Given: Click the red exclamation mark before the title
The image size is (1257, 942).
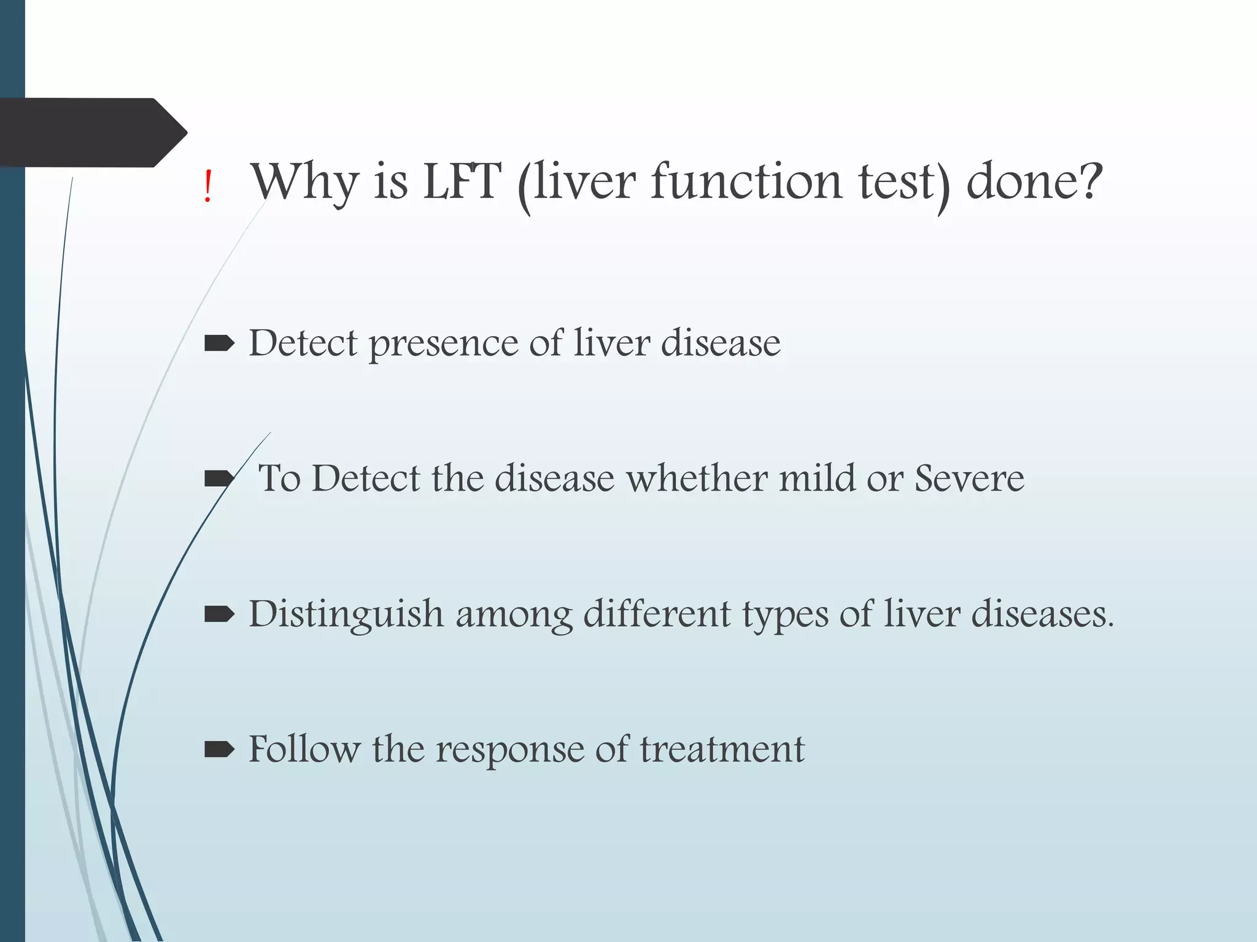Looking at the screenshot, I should pyautogui.click(x=208, y=187).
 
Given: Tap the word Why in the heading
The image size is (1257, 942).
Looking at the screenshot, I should pyautogui.click(x=304, y=182).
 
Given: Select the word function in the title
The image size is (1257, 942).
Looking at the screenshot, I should pyautogui.click(x=746, y=182).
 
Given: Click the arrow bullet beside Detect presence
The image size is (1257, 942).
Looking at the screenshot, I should pyautogui.click(x=219, y=344).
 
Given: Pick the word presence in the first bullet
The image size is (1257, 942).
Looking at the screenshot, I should pyautogui.click(x=443, y=344).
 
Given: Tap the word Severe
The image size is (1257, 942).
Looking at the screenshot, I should pyautogui.click(x=969, y=478).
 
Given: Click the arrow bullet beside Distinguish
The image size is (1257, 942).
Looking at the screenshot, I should pyautogui.click(x=219, y=614).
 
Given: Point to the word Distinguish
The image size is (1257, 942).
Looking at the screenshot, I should pyautogui.click(x=346, y=615).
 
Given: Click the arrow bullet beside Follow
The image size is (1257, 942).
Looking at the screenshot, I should pyautogui.click(x=219, y=749).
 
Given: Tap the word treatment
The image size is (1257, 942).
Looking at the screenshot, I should pyautogui.click(x=722, y=749).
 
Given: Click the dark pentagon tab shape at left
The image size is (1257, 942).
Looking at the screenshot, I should pyautogui.click(x=92, y=132).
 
